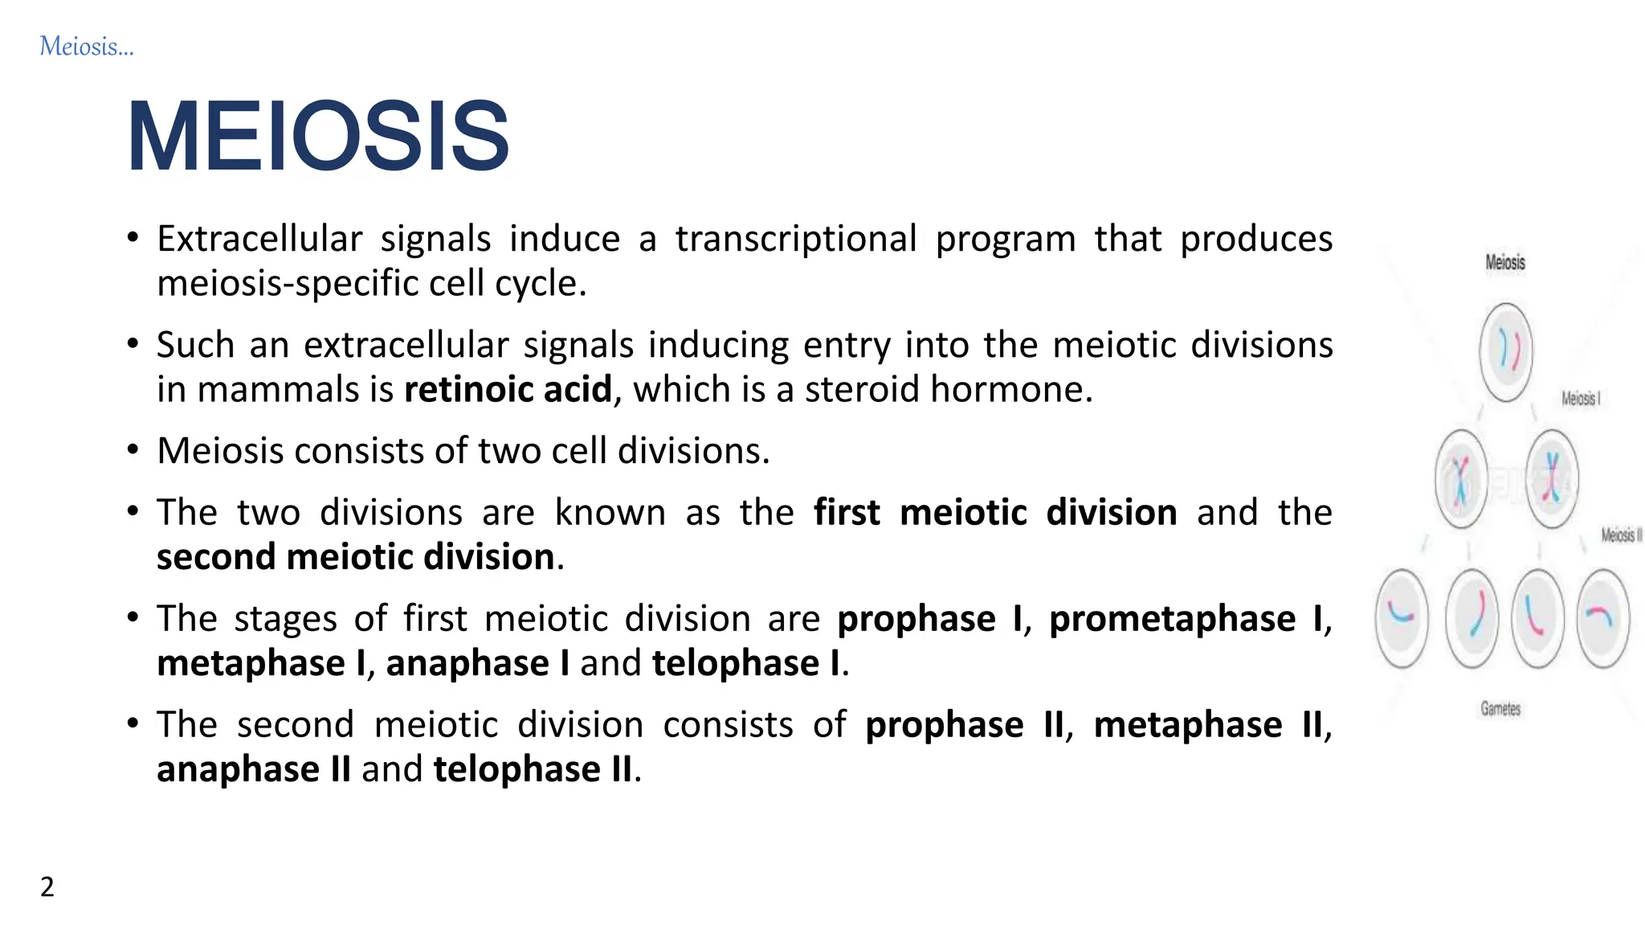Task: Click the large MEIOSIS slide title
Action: [x=318, y=136]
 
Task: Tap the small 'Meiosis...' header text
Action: [x=86, y=47]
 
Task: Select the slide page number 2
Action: [x=47, y=887]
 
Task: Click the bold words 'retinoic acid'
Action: [x=508, y=390]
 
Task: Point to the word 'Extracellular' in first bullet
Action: [x=259, y=240]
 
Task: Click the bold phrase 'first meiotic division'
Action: [x=994, y=513]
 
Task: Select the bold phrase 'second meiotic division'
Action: [x=355, y=557]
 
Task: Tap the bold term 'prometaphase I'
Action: [x=1186, y=619]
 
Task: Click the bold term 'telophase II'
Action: [x=533, y=769]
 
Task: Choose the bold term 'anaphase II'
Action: [x=254, y=769]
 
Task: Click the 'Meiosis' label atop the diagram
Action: [x=1504, y=262]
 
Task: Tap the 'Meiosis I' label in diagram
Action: [x=1580, y=399]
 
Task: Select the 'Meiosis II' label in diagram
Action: [x=1621, y=535]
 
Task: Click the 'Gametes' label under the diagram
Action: [x=1500, y=709]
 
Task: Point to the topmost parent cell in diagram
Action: [x=1505, y=352]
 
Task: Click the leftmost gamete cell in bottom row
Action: [x=1402, y=618]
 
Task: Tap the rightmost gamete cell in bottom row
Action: [x=1602, y=618]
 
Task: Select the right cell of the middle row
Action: [x=1552, y=479]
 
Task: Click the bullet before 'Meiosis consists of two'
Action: [x=133, y=450]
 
